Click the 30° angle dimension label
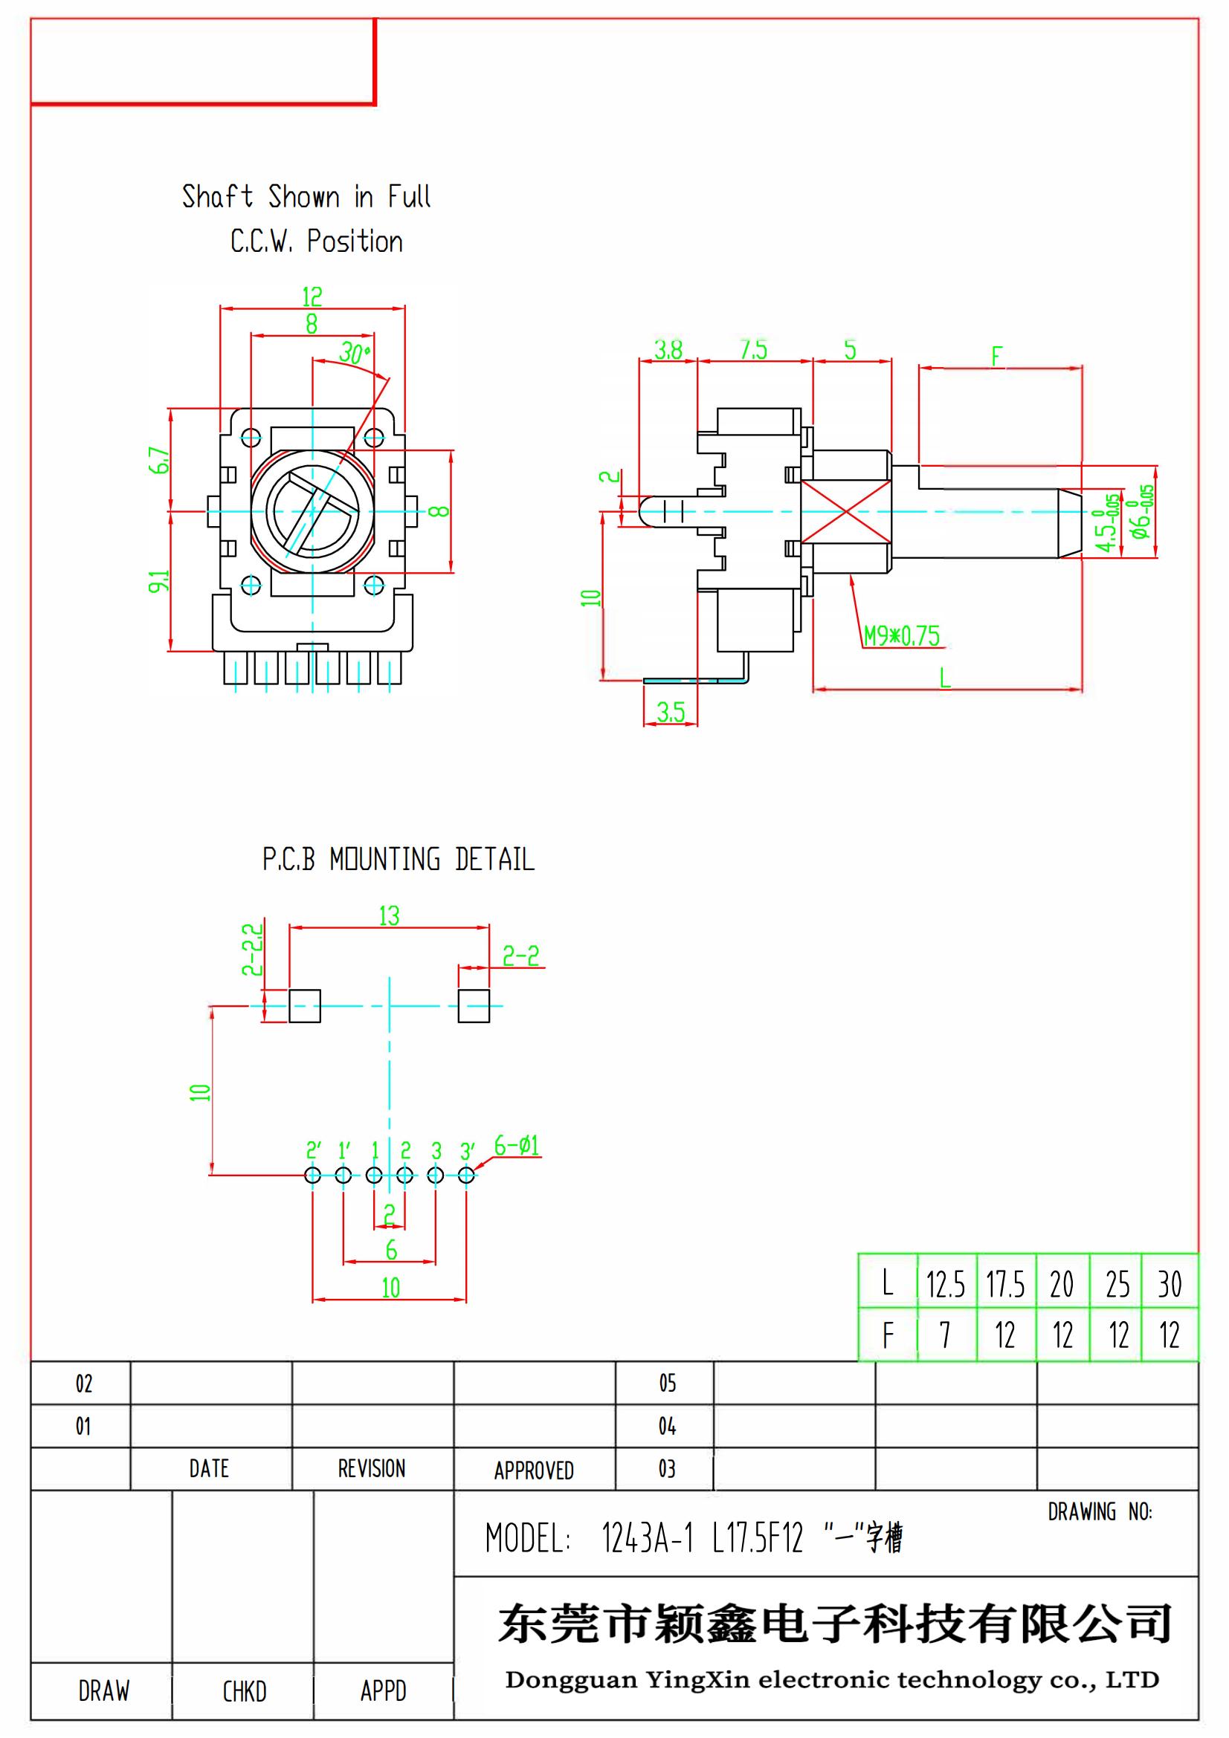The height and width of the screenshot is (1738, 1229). [355, 353]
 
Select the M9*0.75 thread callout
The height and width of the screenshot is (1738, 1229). [901, 636]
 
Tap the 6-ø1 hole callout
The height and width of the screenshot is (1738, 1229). [517, 1145]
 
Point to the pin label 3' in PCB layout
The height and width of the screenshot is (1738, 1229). [467, 1151]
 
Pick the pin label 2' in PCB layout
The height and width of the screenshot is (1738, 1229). [313, 1151]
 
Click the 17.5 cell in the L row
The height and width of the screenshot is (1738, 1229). [1005, 1285]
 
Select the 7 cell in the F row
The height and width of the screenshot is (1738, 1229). [944, 1335]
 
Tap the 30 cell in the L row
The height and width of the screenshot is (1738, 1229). [1170, 1285]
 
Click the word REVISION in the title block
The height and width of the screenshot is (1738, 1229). [371, 1469]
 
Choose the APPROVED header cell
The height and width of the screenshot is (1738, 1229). [534, 1471]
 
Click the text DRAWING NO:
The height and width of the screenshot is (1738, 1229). [1100, 1512]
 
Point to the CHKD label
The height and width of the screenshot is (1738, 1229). [244, 1691]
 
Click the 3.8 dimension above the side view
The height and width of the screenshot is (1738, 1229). [668, 350]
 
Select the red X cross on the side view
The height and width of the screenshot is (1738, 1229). [845, 513]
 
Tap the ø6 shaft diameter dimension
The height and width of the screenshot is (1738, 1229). [1142, 511]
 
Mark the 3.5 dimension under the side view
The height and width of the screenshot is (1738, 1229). [670, 712]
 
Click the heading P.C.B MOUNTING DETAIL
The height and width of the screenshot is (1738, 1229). [399, 859]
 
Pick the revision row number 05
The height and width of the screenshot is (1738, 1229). [666, 1384]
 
